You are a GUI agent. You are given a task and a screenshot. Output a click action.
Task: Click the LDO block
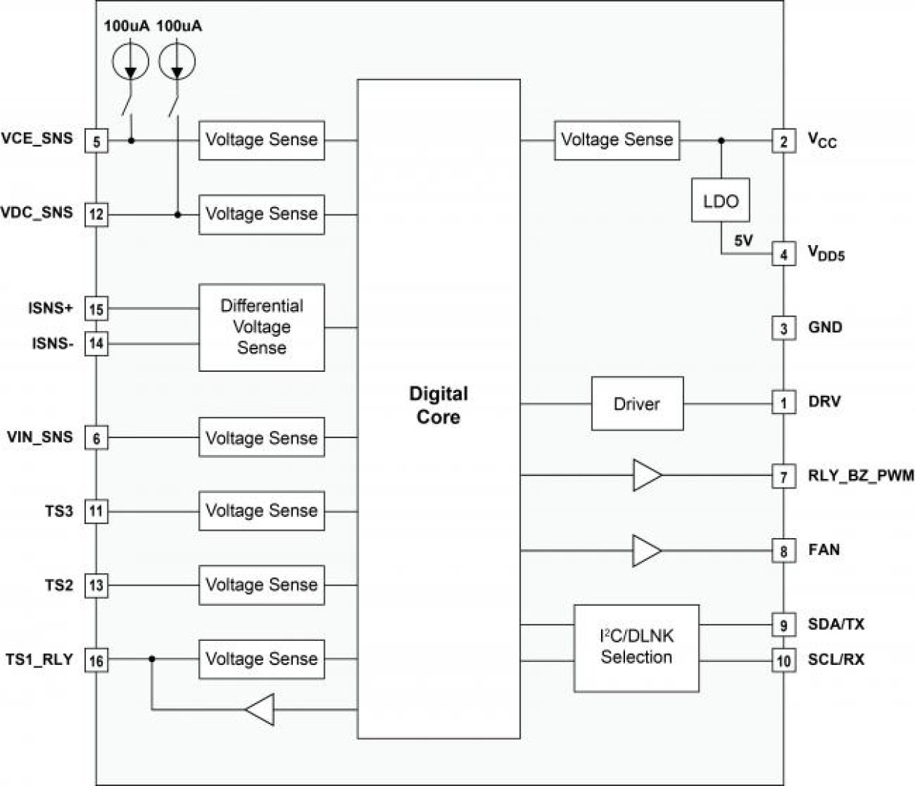tap(720, 201)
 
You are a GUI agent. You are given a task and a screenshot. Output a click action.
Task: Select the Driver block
tap(637, 403)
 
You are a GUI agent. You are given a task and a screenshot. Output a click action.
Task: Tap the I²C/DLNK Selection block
tap(636, 647)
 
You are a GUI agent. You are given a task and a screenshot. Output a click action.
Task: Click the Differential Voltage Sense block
tap(262, 327)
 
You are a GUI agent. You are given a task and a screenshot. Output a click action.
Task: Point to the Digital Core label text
tap(438, 405)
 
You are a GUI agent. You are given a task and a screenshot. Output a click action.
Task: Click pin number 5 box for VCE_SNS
tap(96, 141)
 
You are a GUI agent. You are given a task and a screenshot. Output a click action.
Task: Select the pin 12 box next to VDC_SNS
tap(96, 215)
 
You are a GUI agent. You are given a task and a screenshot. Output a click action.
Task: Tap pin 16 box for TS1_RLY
tap(96, 661)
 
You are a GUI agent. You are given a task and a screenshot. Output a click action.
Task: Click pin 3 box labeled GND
tap(783, 328)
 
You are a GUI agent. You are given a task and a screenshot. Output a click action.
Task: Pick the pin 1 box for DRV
tap(783, 402)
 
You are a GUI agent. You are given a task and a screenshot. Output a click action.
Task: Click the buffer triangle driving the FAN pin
tap(646, 550)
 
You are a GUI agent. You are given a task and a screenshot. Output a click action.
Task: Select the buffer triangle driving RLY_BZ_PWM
tap(646, 475)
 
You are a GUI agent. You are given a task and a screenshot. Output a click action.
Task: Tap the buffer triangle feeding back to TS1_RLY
tap(261, 709)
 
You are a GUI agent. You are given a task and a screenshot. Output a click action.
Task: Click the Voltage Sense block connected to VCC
tap(616, 140)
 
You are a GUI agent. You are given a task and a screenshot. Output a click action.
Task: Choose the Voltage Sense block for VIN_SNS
tap(262, 437)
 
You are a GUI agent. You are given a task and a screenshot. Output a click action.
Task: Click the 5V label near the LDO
tap(743, 241)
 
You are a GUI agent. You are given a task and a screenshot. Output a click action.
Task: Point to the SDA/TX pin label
tap(836, 624)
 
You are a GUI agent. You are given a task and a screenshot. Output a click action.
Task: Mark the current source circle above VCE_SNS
tap(130, 61)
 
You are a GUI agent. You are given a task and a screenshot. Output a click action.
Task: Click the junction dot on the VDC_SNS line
tap(177, 214)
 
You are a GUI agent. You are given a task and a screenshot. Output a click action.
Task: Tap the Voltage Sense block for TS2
tap(262, 585)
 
